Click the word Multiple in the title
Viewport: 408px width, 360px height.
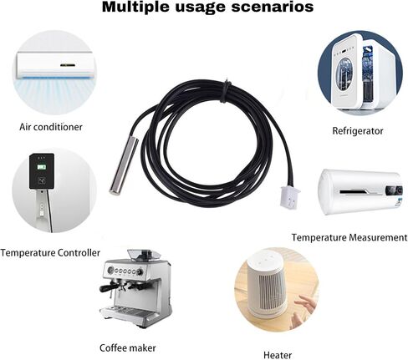tap(135, 7)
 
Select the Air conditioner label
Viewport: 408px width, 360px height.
tap(51, 127)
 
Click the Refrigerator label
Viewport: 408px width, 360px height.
tap(358, 130)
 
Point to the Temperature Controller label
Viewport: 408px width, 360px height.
tap(50, 253)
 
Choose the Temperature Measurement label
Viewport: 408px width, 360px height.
tap(349, 237)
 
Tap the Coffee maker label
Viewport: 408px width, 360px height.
tap(128, 347)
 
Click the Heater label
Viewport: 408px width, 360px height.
tap(278, 355)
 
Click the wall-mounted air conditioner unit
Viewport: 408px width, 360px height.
tap(54, 66)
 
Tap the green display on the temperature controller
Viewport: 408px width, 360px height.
tap(42, 167)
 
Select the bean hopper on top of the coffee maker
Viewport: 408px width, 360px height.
tap(144, 255)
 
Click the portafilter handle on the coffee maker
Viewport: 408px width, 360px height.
tap(110, 288)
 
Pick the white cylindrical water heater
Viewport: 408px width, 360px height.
tap(361, 192)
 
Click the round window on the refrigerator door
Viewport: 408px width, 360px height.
tap(344, 74)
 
